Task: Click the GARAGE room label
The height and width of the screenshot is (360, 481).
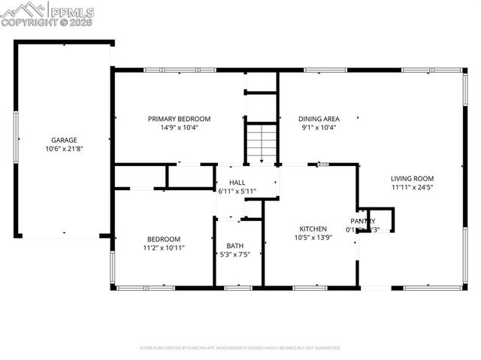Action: pyautogui.click(x=63, y=141)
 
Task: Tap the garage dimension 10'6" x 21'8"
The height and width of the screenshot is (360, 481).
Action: pyautogui.click(x=63, y=149)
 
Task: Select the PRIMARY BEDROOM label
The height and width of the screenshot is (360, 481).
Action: pyautogui.click(x=179, y=119)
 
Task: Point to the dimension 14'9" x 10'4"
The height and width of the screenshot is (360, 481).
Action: pyautogui.click(x=179, y=127)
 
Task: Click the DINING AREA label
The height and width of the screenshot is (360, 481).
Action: pyautogui.click(x=319, y=119)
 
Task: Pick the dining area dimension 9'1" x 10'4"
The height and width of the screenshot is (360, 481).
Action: pyautogui.click(x=319, y=127)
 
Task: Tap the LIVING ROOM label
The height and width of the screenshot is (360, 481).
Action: pyautogui.click(x=412, y=178)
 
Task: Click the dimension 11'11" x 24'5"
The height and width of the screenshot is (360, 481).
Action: pyautogui.click(x=412, y=187)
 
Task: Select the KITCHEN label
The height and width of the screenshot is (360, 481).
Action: pyautogui.click(x=313, y=228)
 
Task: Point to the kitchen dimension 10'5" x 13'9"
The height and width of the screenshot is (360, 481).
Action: pyautogui.click(x=313, y=237)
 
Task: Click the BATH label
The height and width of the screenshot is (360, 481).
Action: pyautogui.click(x=235, y=246)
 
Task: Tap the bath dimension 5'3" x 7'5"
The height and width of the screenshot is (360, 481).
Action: pyautogui.click(x=235, y=254)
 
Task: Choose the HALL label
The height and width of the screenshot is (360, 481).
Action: pyautogui.click(x=237, y=183)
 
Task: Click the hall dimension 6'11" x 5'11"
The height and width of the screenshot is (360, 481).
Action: pyautogui.click(x=237, y=191)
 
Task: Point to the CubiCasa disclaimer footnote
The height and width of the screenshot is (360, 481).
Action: pyautogui.click(x=240, y=348)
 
